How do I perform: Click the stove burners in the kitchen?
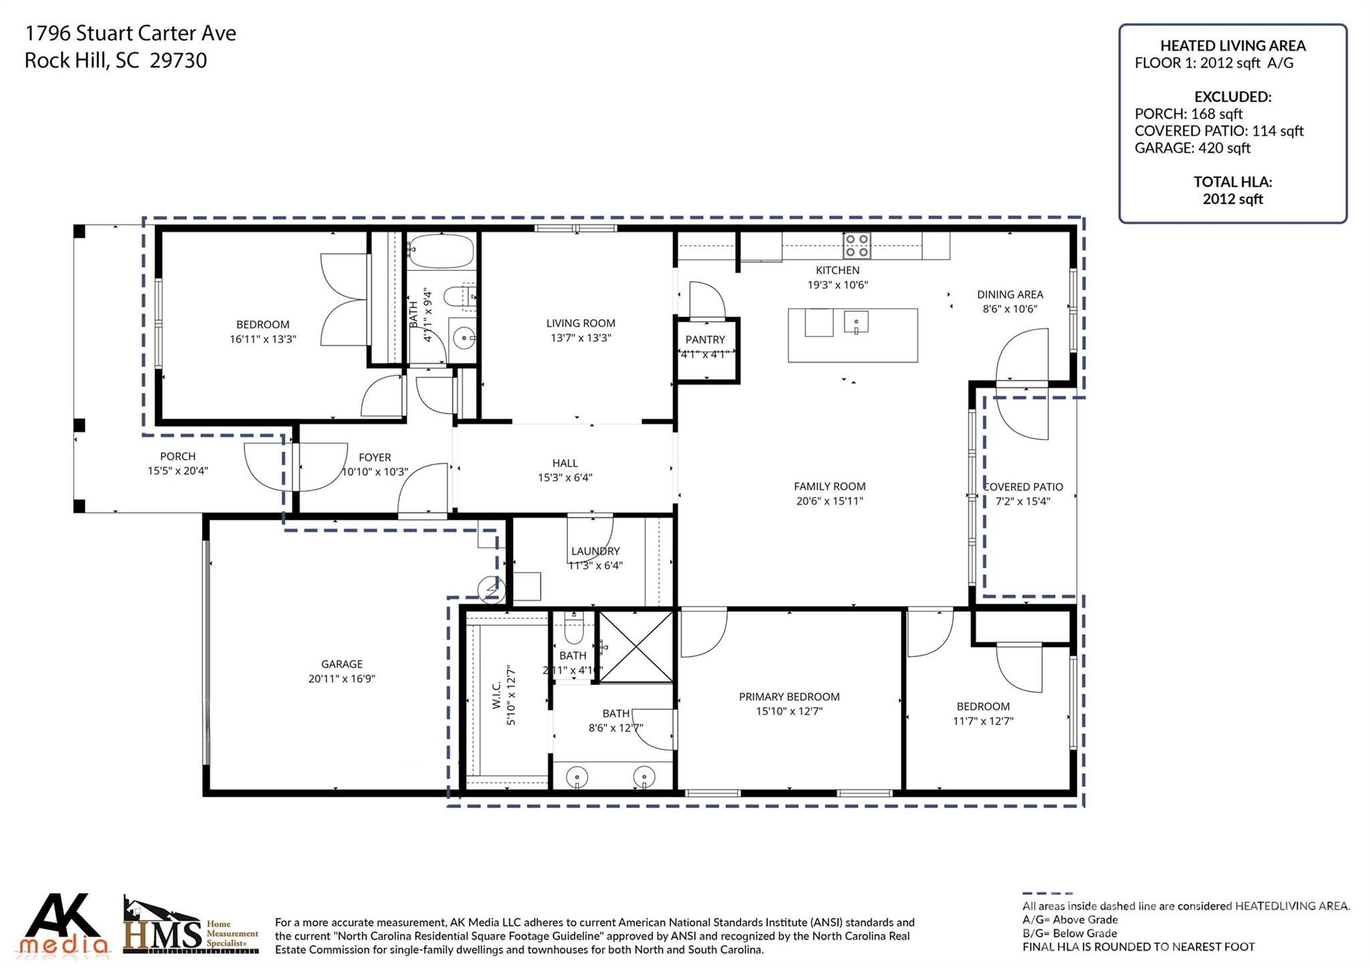pos(856,246)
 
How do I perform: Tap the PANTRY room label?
pos(705,340)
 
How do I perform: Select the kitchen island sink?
pos(856,322)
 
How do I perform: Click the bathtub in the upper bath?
pos(441,252)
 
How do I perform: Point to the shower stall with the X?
pos(635,646)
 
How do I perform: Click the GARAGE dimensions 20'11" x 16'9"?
pos(342,678)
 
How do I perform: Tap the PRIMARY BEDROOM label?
pos(789,696)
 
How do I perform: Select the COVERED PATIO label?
pos(1023,487)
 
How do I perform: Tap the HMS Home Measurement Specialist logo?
pos(191,927)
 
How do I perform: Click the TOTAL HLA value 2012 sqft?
pos(1232,199)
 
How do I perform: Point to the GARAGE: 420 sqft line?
pos(1192,148)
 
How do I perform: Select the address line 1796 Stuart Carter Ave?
pos(130,33)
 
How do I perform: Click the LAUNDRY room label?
pos(595,551)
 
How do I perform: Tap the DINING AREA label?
pos(1009,294)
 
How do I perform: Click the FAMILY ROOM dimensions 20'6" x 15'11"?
pos(829,501)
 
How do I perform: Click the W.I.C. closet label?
pos(496,696)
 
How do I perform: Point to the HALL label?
pos(565,463)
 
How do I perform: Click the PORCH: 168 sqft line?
pos(1188,114)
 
